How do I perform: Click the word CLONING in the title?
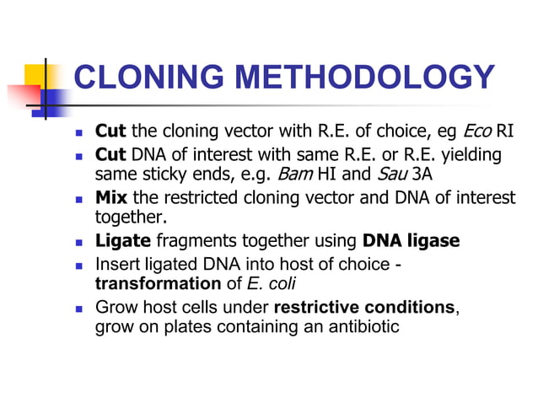[x=145, y=78]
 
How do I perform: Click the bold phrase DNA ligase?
[x=412, y=241]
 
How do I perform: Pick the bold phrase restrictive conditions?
[x=364, y=308]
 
